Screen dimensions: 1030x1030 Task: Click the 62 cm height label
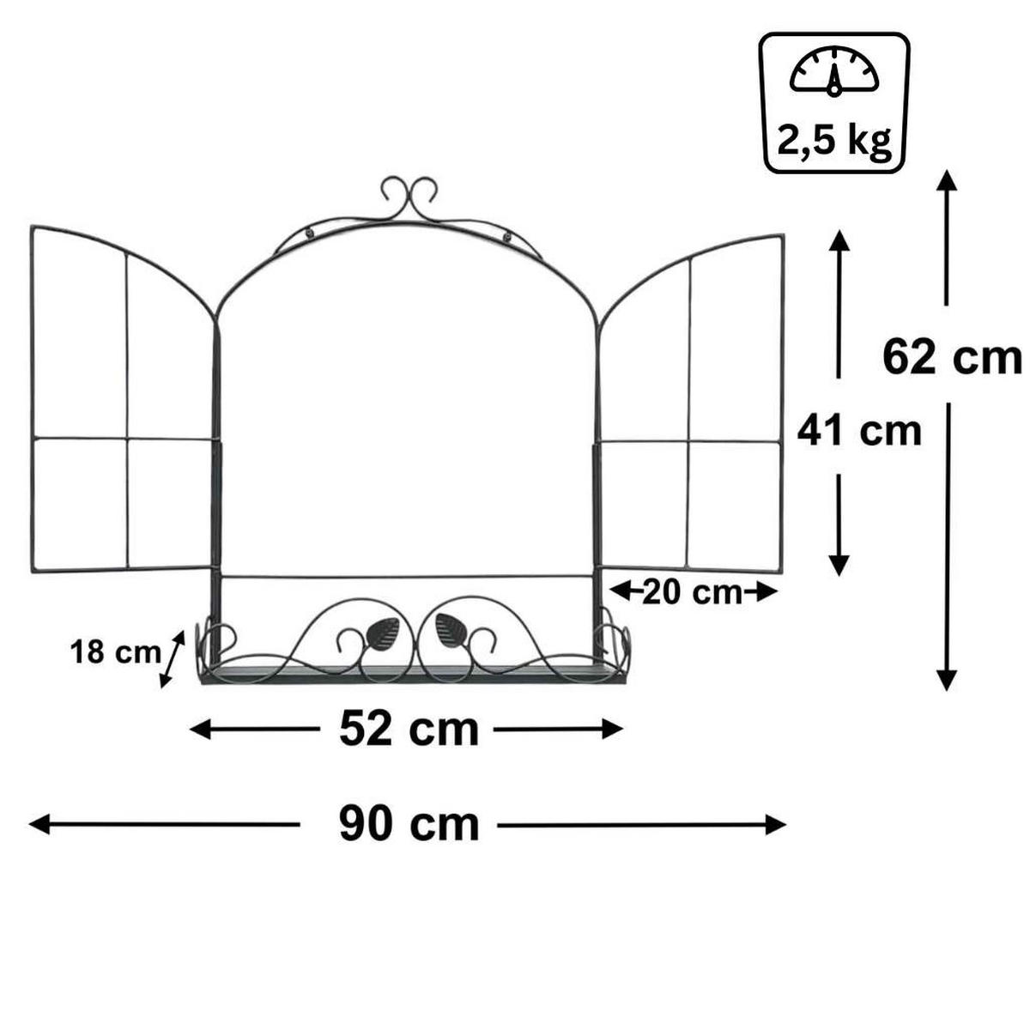951,356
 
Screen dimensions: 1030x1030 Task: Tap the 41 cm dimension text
858,429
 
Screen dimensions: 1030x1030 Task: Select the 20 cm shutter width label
692,591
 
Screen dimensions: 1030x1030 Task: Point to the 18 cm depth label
115,652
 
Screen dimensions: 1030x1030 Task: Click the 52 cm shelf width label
409,730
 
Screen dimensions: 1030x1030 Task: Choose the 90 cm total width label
409,825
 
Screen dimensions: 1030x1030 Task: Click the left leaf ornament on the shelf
380,633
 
